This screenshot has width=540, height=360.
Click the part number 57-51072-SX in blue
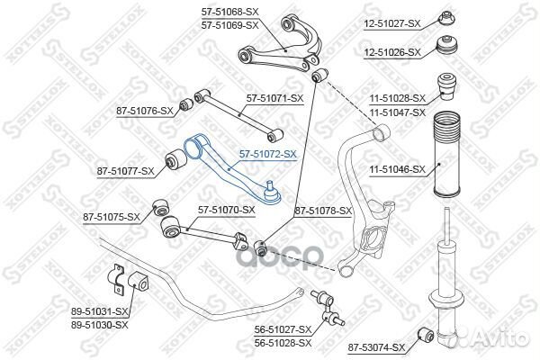[268, 154]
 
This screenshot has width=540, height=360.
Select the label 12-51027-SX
[392, 23]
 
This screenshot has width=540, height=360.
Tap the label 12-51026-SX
[392, 52]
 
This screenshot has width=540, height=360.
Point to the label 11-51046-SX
[398, 169]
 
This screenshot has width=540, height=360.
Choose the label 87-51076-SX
[145, 111]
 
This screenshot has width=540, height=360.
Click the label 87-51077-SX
[125, 171]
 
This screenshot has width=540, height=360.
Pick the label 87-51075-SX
[112, 217]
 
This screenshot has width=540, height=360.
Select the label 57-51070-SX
[226, 210]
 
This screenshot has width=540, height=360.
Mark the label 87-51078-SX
[323, 211]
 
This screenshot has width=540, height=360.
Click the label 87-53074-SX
[375, 348]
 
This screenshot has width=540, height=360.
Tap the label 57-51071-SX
[274, 98]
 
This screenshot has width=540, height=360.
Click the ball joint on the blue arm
[272, 193]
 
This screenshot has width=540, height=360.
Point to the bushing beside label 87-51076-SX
[186, 103]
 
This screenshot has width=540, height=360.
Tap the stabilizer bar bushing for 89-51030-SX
[139, 281]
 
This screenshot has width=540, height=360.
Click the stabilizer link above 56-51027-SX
[328, 309]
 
